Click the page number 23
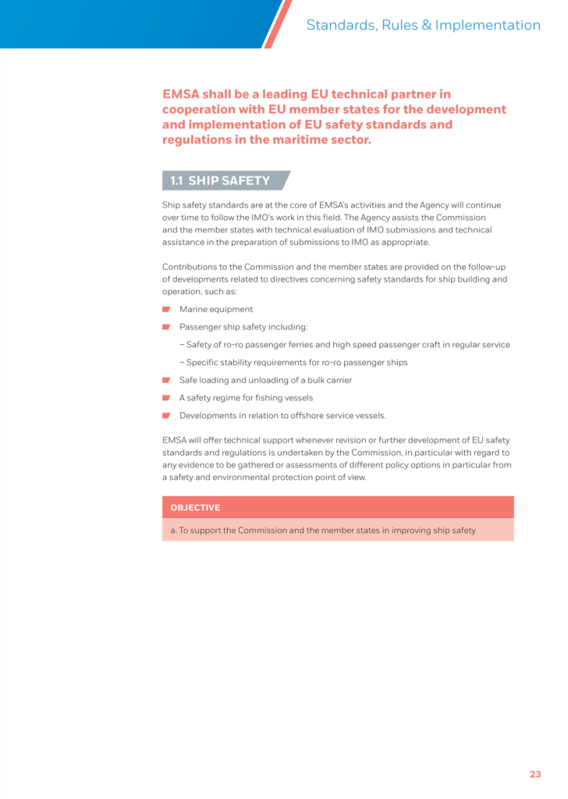534,774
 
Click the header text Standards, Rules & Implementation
423,25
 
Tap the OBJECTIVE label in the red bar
195,508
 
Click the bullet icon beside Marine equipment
166,310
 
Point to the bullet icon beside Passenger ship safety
166,328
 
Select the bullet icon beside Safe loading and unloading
166,380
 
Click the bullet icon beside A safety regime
166,398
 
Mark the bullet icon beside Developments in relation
166,416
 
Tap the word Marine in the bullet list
193,310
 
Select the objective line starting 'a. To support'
323,531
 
